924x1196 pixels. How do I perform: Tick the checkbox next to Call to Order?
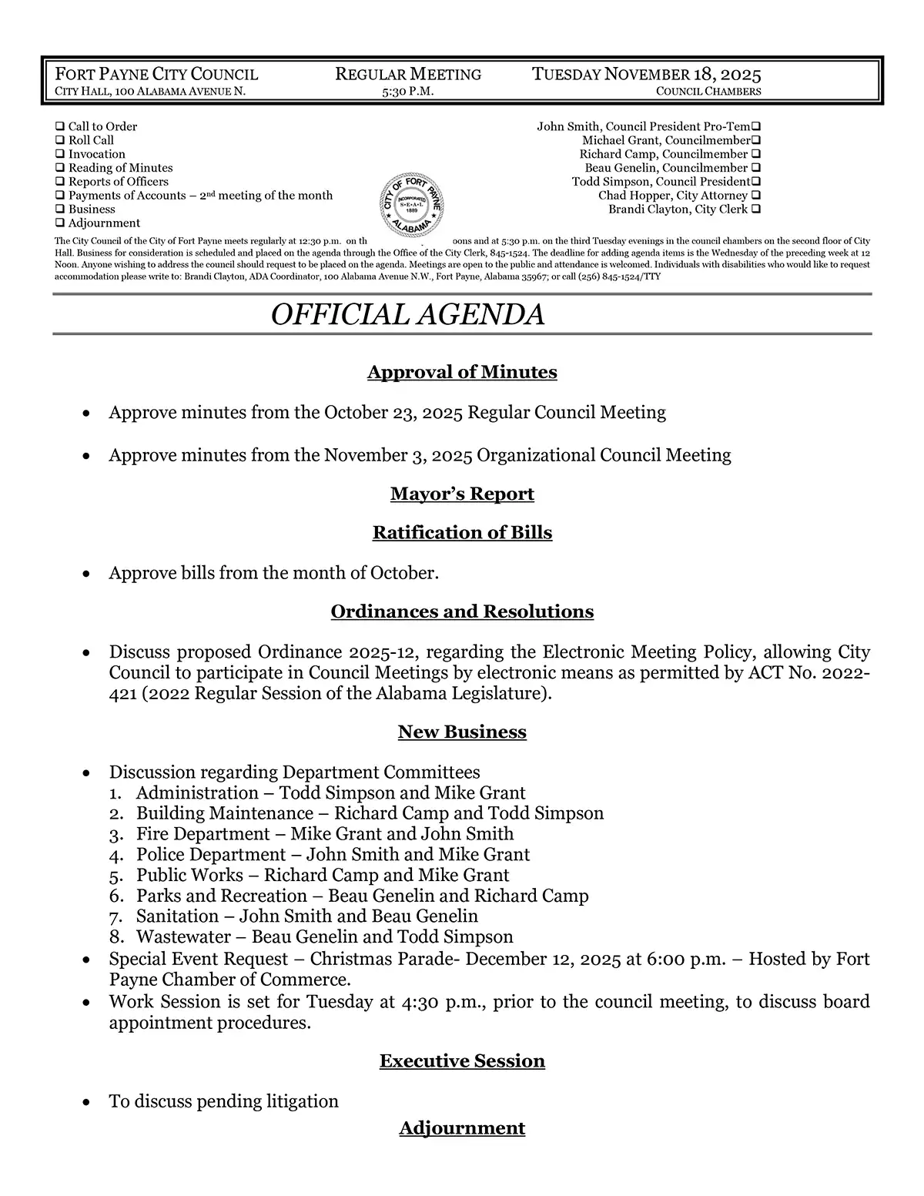pyautogui.click(x=60, y=126)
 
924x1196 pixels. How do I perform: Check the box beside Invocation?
pyautogui.click(x=60, y=154)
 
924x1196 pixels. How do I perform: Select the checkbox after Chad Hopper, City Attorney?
pyautogui.click(x=756, y=196)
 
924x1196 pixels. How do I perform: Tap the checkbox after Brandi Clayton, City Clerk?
pyautogui.click(x=756, y=209)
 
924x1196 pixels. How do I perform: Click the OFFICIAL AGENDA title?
pyautogui.click(x=408, y=315)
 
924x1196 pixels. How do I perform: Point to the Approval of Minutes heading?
pyautogui.click(x=462, y=373)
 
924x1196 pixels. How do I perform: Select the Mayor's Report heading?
pyautogui.click(x=462, y=494)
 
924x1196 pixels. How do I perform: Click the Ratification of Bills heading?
pyautogui.click(x=462, y=533)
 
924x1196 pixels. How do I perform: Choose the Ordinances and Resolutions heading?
pyautogui.click(x=462, y=612)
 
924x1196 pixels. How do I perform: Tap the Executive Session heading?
pyautogui.click(x=462, y=1061)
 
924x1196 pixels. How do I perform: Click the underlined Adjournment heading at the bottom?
pyautogui.click(x=462, y=1128)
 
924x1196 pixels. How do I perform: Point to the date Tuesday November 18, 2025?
pyautogui.click(x=647, y=75)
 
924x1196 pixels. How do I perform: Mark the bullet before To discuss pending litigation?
pyautogui.click(x=89, y=1103)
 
